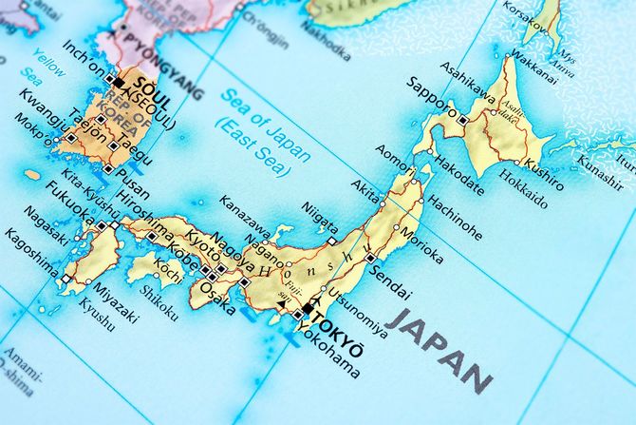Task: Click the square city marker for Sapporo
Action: point(461,121)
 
